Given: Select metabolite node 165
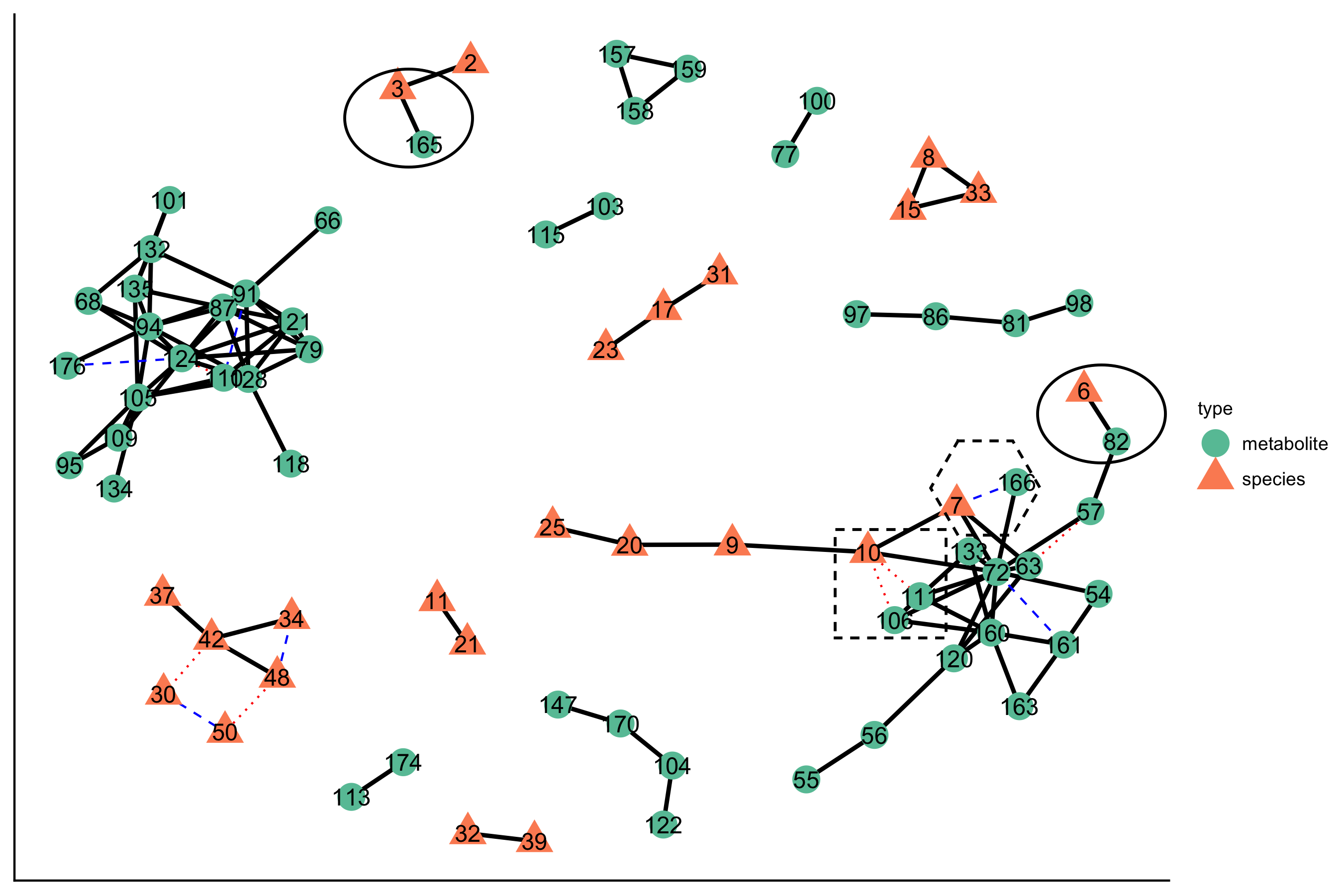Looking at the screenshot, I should pos(423,144).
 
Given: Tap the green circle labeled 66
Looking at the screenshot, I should pos(328,220).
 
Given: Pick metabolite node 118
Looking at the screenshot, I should pos(290,463).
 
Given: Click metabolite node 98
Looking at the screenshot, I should pos(1078,303).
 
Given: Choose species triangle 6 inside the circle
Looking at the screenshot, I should pos(1084,389).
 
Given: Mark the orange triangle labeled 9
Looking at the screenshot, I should pos(732,543).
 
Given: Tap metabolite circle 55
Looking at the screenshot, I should pos(806,779).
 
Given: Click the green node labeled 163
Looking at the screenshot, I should pos(1019,706).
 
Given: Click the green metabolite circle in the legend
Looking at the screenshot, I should pos(1215,444).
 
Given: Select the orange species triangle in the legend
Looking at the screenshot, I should pos(1215,477).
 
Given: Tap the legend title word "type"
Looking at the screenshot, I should pos(1215,409).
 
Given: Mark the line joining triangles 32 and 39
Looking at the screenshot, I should pos(501,837).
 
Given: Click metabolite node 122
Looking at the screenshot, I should pos(663,824).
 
